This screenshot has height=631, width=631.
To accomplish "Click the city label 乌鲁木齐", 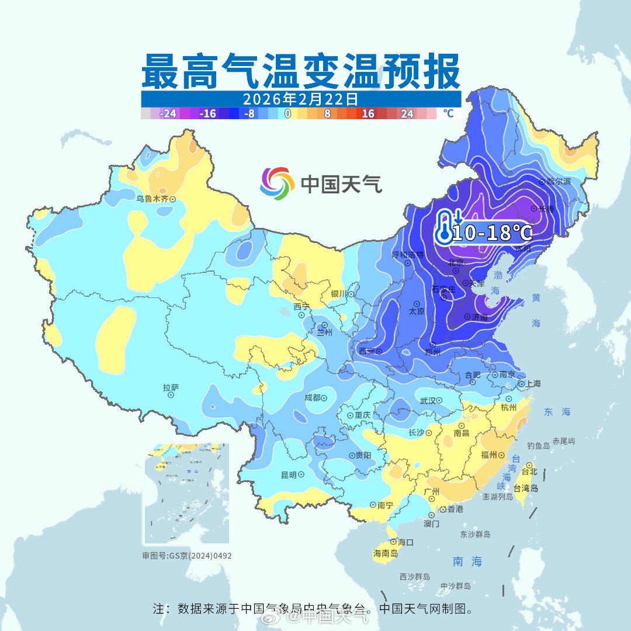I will [152, 199].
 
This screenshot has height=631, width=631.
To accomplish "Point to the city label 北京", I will [456, 264].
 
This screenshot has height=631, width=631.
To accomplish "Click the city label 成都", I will [313, 397].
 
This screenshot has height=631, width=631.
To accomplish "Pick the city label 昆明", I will [289, 475].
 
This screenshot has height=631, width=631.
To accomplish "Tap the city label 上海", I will [533, 384].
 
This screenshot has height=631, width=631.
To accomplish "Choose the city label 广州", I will [432, 492].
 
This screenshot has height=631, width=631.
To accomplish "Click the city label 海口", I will [405, 542].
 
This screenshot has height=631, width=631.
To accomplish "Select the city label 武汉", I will [428, 401].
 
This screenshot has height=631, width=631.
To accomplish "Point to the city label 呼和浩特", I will [407, 255].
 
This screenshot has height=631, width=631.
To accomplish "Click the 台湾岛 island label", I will [525, 488].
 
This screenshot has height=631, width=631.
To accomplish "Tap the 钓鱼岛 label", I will [538, 446].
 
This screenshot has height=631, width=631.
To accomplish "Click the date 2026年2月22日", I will [300, 98].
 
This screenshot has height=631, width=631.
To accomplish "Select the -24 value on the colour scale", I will [168, 114].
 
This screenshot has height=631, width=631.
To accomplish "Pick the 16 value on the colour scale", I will [367, 114].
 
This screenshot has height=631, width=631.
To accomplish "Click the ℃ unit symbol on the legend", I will [448, 113].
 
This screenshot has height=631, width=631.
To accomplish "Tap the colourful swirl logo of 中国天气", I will [276, 183].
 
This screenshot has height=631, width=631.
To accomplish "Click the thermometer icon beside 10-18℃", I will [445, 227].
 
